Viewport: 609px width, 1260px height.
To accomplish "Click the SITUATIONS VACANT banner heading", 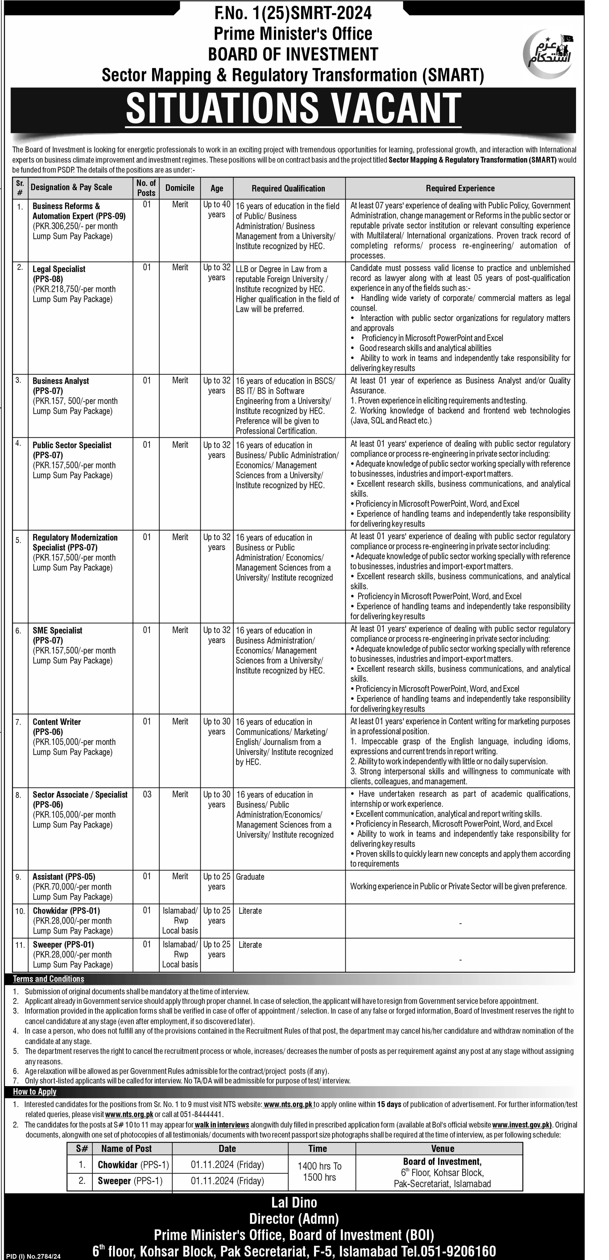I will click(x=294, y=109).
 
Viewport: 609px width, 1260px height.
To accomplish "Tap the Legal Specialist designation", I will click(x=59, y=269).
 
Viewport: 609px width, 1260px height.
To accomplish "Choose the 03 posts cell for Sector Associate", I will click(x=147, y=794).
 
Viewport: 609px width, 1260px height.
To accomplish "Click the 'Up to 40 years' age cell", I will click(x=217, y=209).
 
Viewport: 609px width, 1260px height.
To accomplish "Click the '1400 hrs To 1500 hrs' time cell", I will click(x=319, y=1172).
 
